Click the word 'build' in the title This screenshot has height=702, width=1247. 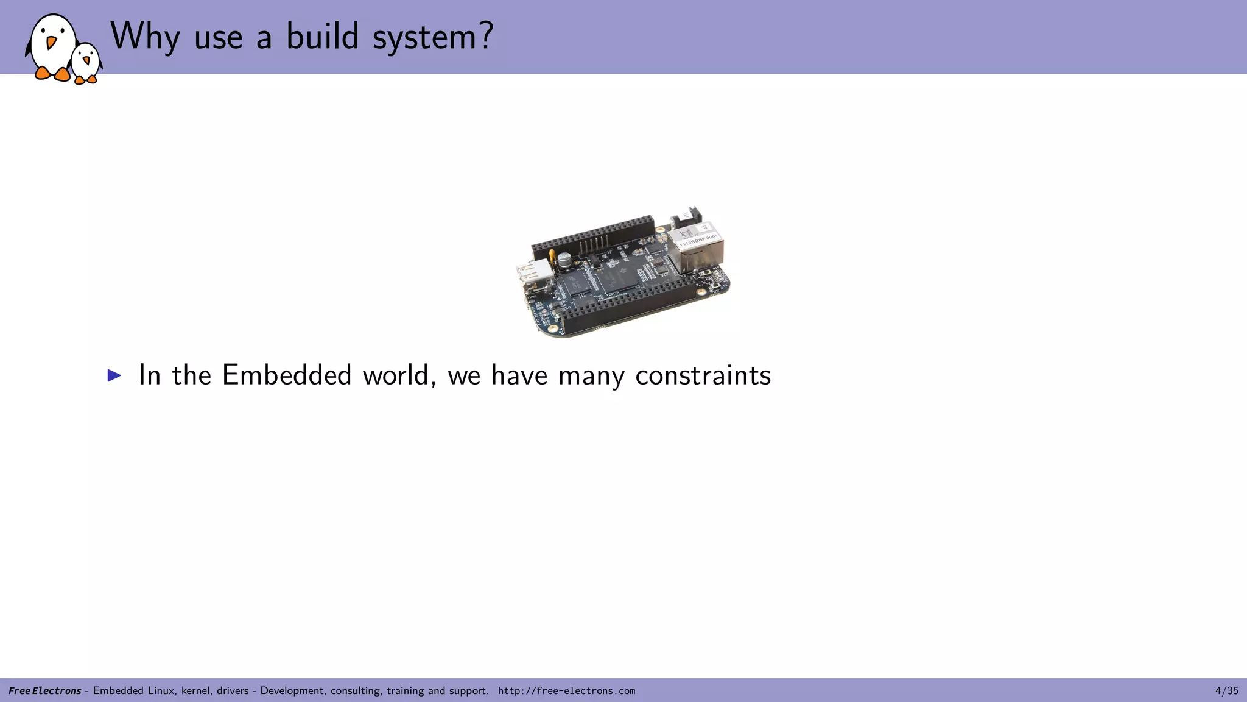pos(323,37)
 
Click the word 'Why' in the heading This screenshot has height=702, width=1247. pos(145,37)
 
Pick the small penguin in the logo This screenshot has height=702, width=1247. pos(86,63)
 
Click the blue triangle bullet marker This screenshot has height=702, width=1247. pos(114,375)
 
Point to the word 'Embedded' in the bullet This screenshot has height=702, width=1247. pos(287,375)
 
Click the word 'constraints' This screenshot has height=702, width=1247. pos(703,375)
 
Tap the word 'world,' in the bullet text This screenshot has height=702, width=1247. pos(399,375)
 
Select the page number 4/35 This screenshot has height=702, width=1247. pos(1226,690)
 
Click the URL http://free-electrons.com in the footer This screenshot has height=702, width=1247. pos(566,690)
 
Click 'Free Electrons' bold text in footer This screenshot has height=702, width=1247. pos(44,690)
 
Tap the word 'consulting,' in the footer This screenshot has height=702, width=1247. pos(356,690)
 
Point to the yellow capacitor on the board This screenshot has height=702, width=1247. pos(552,256)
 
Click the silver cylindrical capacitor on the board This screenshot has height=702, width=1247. pos(565,260)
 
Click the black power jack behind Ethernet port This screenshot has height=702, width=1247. pos(686,217)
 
